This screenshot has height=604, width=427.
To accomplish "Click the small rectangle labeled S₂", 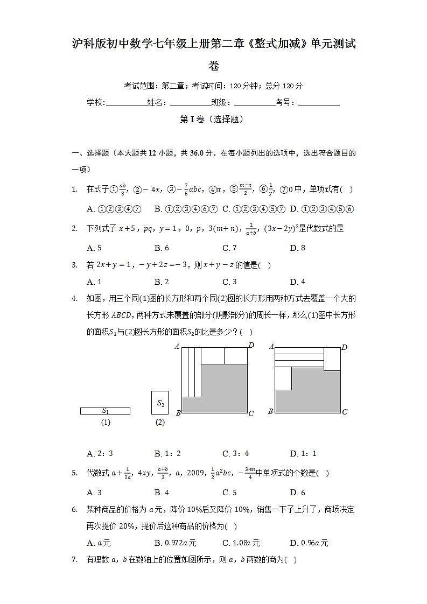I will click(160, 403).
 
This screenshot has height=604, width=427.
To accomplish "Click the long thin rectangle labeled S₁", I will click(105, 411).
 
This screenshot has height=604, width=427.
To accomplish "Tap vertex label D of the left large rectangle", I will click(251, 345).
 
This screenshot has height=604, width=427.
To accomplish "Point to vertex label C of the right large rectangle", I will click(345, 412).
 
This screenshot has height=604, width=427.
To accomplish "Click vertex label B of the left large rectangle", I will click(178, 413).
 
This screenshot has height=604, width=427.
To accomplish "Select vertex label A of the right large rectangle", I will click(271, 347).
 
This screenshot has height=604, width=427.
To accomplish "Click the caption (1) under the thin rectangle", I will click(106, 423).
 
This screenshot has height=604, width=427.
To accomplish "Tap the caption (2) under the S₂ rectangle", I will click(160, 423).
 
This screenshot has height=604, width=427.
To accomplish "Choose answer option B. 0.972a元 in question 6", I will click(175, 543).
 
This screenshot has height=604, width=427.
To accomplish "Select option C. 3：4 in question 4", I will click(235, 454).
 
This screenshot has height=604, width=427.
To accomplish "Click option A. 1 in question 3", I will click(94, 282).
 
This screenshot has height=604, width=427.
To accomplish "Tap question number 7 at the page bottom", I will click(75, 560).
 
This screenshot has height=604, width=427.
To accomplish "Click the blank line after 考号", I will click(319, 103).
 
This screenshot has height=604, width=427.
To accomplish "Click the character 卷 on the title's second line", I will click(214, 67).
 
